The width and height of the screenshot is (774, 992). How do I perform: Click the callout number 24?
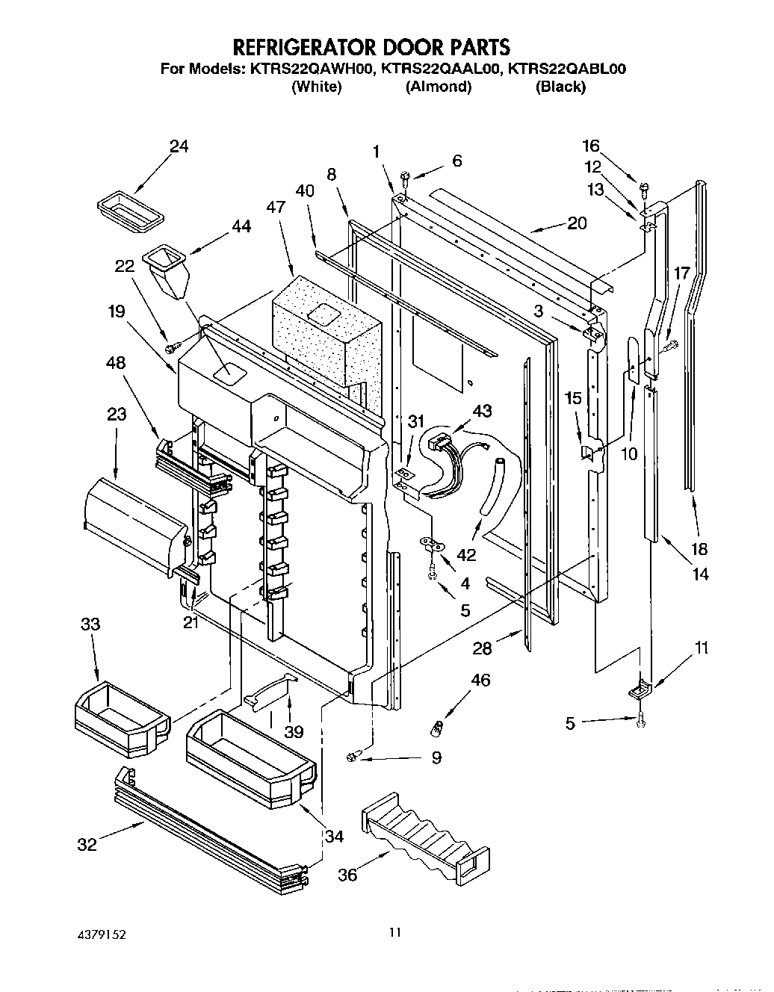(x=179, y=146)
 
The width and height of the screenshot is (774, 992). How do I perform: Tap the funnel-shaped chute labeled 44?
(x=169, y=271)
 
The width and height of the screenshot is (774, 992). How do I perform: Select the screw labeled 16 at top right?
(x=642, y=183)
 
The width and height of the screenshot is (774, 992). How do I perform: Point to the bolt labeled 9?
(x=356, y=757)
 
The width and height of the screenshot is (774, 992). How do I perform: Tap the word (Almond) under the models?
(x=438, y=87)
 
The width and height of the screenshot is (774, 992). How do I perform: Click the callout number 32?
(x=87, y=845)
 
